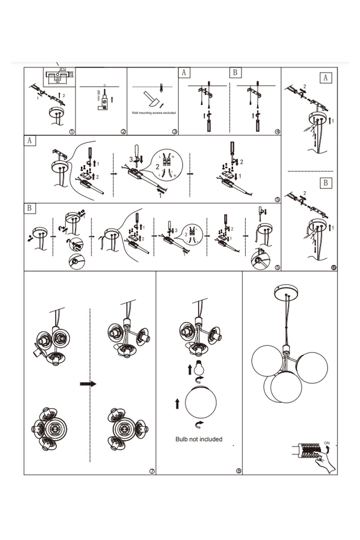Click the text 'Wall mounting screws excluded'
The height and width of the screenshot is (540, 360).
(153, 113)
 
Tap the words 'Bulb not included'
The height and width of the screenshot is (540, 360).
(198, 439)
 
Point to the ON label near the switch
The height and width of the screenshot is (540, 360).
(327, 443)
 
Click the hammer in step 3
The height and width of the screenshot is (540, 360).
(151, 99)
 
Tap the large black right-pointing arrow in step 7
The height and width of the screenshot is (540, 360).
(88, 383)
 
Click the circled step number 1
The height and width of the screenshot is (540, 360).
(72, 131)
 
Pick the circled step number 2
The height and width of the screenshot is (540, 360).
(123, 131)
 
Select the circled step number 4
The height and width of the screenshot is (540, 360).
(277, 131)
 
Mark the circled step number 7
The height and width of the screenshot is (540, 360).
(152, 471)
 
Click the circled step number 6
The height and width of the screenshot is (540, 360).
(333, 267)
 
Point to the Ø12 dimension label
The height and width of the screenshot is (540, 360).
(63, 69)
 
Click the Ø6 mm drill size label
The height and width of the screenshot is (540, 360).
(99, 96)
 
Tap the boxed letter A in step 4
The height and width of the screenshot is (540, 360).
(183, 72)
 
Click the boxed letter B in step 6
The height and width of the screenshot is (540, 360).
(326, 183)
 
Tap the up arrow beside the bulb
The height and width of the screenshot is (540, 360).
(189, 369)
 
